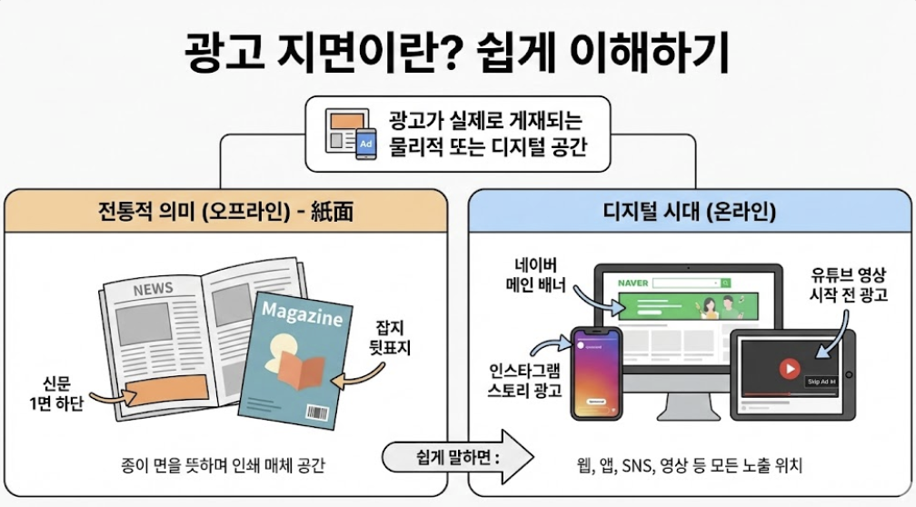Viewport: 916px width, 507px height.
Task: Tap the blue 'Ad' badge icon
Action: click(366, 144)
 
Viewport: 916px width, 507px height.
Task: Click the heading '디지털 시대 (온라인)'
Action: click(689, 213)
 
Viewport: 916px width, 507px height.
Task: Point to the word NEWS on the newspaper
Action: click(153, 289)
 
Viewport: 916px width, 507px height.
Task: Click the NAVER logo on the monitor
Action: click(632, 283)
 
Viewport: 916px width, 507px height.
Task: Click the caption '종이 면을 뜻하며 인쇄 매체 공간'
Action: click(222, 465)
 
